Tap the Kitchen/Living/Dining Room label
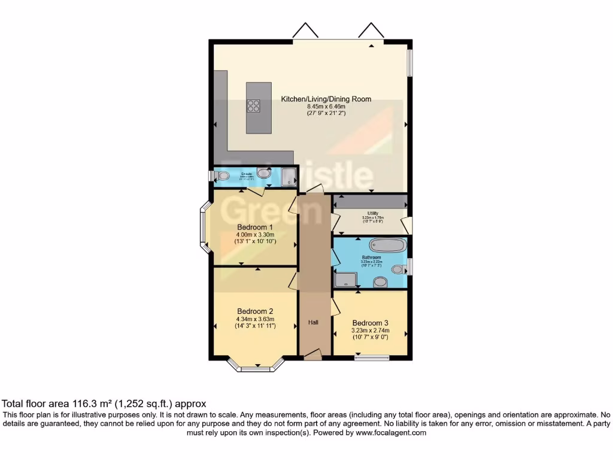tap(326, 99)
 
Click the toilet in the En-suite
tap(223, 176)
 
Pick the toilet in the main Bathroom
tap(398, 270)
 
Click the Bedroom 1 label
tap(255, 227)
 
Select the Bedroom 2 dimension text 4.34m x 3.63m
tap(255, 319)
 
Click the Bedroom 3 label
tap(371, 322)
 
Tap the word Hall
tap(313, 322)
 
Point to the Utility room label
tap(373, 213)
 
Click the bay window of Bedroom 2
tap(256, 367)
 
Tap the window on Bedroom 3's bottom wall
tap(371, 358)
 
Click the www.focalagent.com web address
tap(391, 432)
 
